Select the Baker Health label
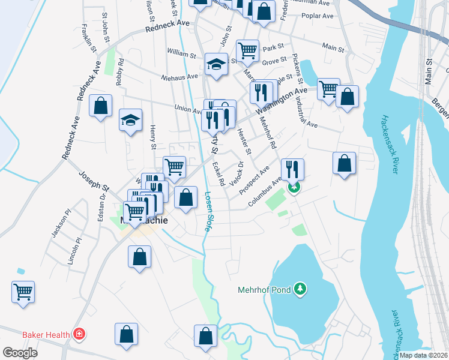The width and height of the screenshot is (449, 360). coord(47,334)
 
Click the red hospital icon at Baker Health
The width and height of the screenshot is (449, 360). coord(79,333)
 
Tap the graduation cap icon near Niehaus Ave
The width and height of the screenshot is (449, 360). coord(216,65)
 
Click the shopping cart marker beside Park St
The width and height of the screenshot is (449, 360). coord(247,51)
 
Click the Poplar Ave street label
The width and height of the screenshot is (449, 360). coord(316,18)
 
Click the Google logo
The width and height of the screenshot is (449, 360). coord(20,352)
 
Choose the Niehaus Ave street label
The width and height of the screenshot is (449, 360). coord(179,77)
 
